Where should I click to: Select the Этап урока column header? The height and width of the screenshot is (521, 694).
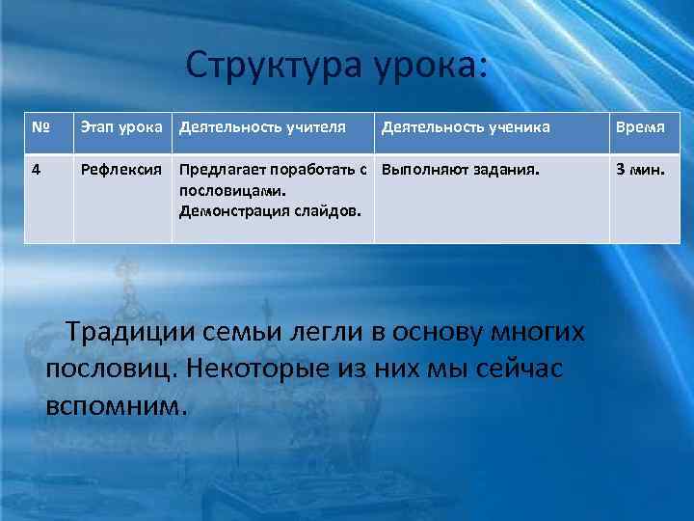pyautogui.click(x=123, y=126)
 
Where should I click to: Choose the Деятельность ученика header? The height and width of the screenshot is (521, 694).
pyautogui.click(x=467, y=126)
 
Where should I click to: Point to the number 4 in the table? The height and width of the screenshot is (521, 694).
pyautogui.click(x=36, y=170)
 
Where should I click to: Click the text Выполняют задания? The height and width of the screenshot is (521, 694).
pyautogui.click(x=461, y=170)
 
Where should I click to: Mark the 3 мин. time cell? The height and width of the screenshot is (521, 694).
pyautogui.click(x=641, y=170)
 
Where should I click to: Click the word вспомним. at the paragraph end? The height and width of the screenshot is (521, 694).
pyautogui.click(x=114, y=404)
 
